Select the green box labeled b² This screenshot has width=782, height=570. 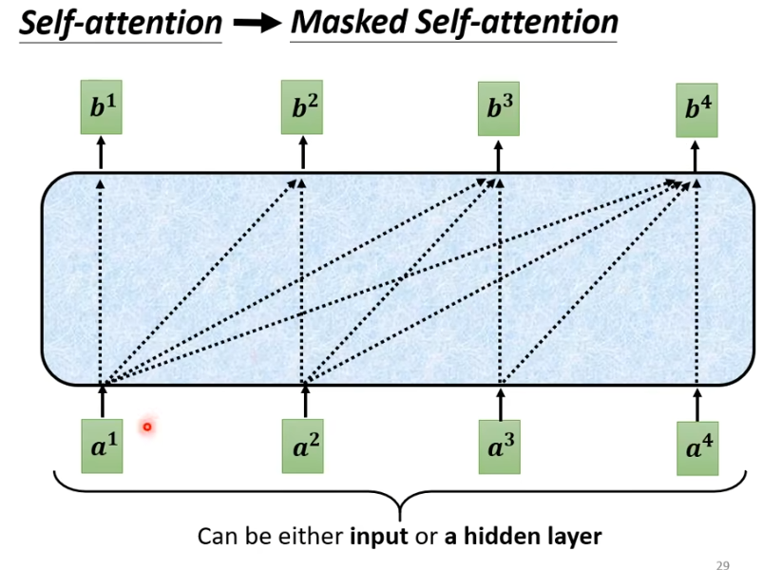tap(303, 106)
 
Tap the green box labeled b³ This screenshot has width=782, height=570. tap(498, 106)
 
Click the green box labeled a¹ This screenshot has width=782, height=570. tap(103, 446)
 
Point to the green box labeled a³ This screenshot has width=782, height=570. tap(498, 446)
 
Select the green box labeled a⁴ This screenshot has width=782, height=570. tap(696, 446)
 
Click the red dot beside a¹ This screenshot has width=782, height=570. tap(147, 427)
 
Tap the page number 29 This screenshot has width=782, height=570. tap(722, 565)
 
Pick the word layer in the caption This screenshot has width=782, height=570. tap(572, 537)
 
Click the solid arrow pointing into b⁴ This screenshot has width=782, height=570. tap(696, 154)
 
